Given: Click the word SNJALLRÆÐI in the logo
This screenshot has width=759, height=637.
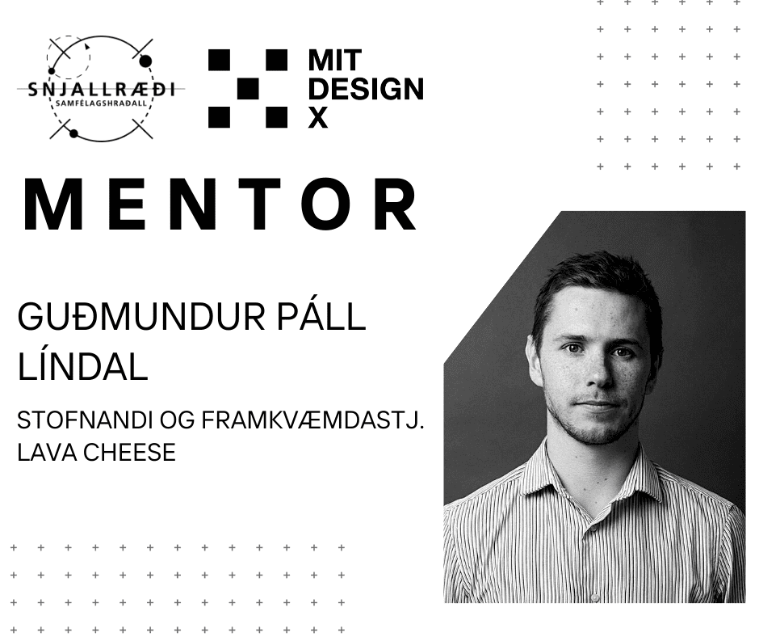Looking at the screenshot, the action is (x=101, y=89).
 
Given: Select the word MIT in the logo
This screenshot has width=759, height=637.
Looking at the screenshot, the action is (x=335, y=61).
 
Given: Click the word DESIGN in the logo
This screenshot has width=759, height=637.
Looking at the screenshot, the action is (x=366, y=89).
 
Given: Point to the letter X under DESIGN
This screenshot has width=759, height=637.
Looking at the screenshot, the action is (x=318, y=118).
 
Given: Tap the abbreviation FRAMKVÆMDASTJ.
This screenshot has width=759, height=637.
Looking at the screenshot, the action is (x=312, y=420).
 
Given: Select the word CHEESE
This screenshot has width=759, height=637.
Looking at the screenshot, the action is (x=130, y=453).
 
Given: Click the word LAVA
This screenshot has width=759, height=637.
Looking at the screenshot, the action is (x=48, y=453).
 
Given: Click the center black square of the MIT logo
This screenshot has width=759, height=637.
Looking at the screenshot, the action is (x=248, y=89).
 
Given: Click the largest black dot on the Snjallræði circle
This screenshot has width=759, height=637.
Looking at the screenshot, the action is (x=145, y=61).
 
